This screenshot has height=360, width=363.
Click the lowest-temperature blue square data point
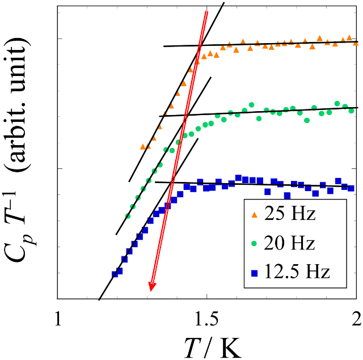point(115,274)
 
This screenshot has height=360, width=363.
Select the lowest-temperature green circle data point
point(128,216)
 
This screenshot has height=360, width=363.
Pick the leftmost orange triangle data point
point(143,146)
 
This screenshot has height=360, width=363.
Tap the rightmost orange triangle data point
point(356,43)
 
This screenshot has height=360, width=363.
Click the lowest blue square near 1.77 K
point(288,196)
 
